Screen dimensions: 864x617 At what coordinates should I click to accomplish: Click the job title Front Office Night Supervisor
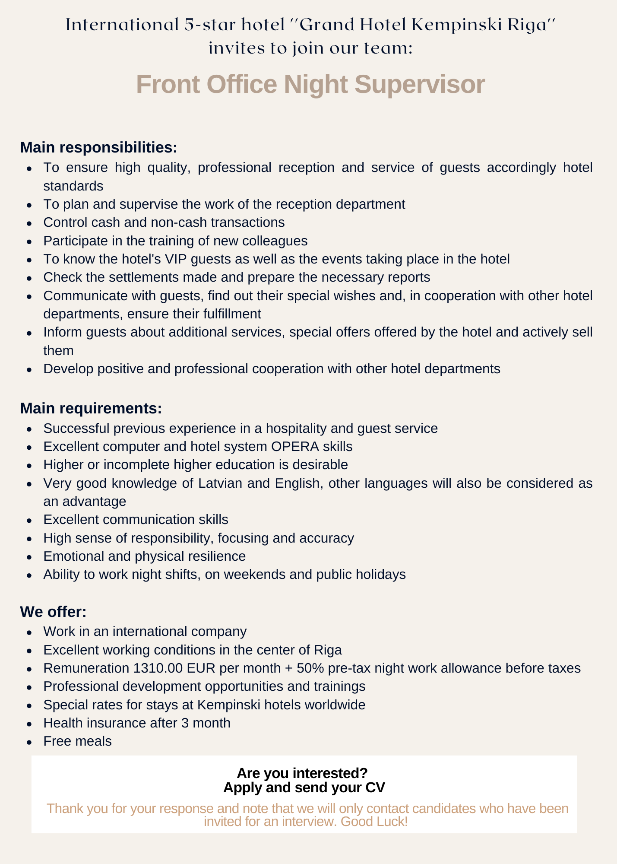[x=310, y=84]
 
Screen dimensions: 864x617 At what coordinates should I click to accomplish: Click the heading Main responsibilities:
[x=98, y=147]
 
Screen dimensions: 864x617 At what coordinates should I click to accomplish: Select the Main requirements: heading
[x=91, y=408]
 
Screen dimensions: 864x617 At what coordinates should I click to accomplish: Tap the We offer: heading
[x=53, y=612]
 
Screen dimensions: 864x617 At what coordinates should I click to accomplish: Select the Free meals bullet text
[x=77, y=741]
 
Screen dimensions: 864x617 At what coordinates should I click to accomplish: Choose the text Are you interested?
[x=302, y=773]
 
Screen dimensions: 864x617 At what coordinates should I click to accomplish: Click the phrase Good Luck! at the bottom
[x=374, y=821]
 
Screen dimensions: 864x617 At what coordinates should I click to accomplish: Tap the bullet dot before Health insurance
[x=29, y=724]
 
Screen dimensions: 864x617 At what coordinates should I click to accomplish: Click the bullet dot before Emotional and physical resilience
[x=29, y=557]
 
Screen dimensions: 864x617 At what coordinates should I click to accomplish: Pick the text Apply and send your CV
[x=304, y=788]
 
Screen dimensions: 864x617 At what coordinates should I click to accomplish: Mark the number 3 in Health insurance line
[x=185, y=723]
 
